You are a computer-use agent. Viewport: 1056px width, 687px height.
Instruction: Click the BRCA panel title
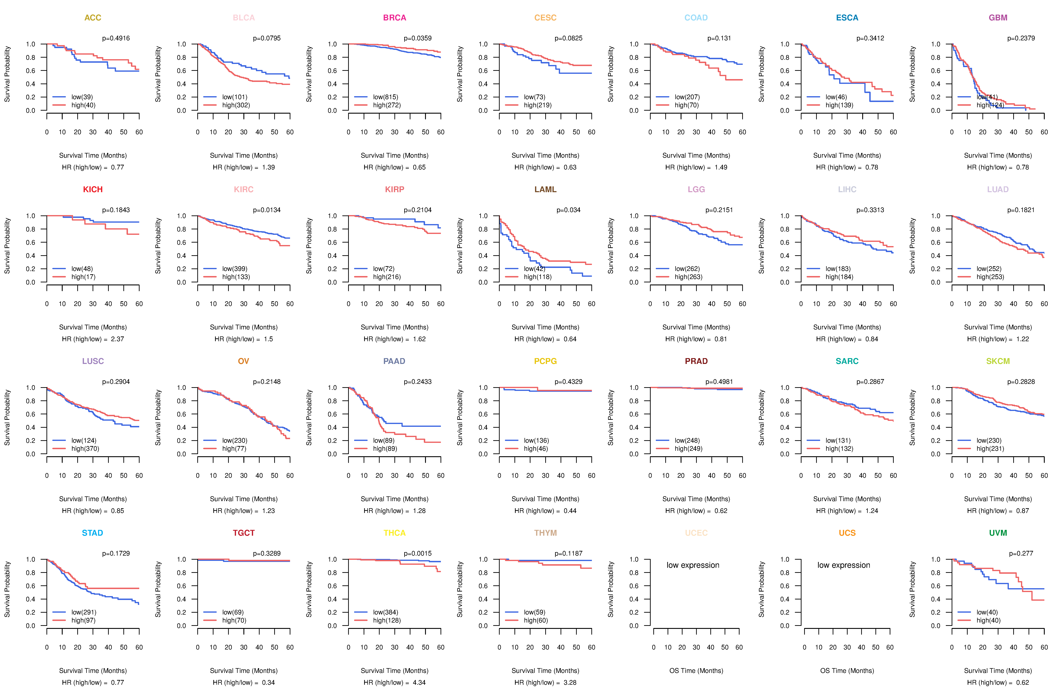click(394, 18)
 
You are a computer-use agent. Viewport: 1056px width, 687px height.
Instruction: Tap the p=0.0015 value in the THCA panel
click(417, 553)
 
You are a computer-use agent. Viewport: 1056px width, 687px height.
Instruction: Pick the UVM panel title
click(998, 533)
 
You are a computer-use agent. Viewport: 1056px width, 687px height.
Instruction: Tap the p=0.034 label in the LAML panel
click(568, 210)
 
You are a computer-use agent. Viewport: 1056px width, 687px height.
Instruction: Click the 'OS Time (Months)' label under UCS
click(847, 671)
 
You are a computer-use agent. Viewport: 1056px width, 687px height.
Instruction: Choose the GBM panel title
click(998, 18)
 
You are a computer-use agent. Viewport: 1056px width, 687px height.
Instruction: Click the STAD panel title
click(92, 533)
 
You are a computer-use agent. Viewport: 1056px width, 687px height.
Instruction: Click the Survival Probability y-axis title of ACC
click(7, 74)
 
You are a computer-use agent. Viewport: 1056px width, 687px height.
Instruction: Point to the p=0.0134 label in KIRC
click(267, 210)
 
